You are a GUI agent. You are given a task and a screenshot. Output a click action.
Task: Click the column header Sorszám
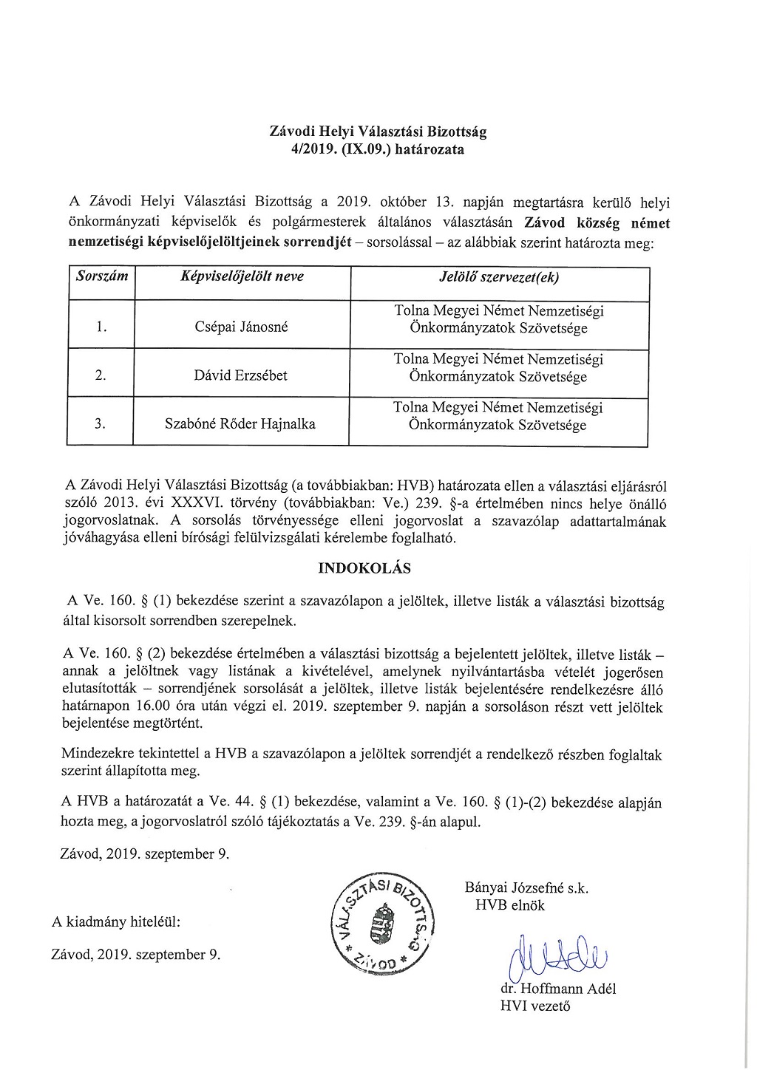click(102, 277)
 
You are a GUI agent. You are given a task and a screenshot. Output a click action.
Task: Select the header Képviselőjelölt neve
click(242, 277)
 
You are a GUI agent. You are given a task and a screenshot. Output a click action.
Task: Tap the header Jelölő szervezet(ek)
click(499, 278)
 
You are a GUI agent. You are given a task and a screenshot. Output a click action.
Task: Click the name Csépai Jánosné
click(240, 327)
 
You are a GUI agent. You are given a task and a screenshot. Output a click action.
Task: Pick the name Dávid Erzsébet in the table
click(240, 375)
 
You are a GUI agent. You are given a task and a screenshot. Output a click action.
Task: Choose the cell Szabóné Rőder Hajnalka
click(240, 424)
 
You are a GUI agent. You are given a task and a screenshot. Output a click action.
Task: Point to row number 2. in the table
click(101, 375)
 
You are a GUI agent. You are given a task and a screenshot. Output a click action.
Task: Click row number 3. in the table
click(101, 424)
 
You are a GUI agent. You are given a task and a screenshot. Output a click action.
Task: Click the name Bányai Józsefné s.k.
click(526, 888)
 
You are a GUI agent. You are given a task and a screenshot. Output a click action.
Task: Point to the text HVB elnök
click(510, 904)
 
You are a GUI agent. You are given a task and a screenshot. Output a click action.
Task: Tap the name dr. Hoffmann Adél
click(558, 989)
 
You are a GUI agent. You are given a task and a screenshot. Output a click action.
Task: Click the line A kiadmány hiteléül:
click(116, 922)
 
